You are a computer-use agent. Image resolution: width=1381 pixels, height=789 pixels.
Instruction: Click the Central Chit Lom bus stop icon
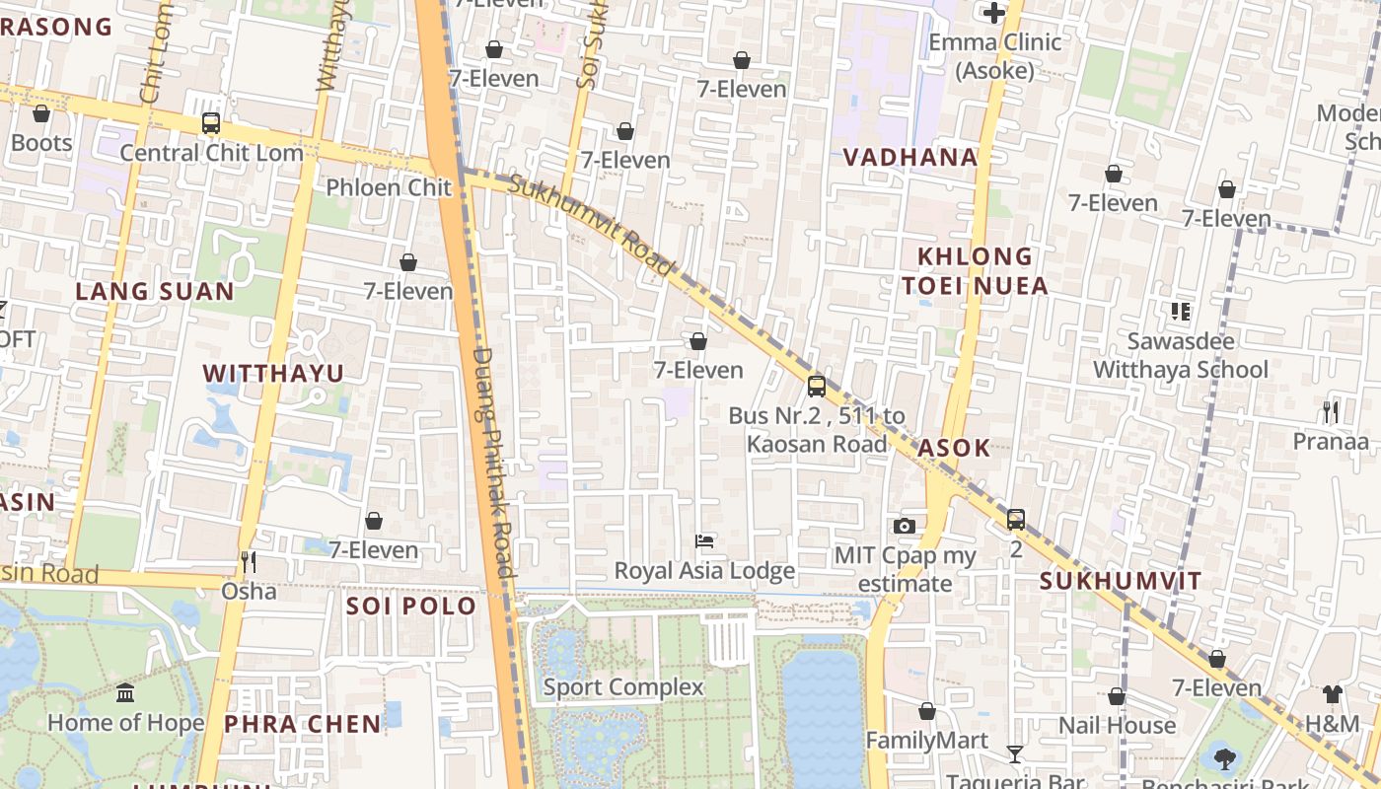(x=210, y=123)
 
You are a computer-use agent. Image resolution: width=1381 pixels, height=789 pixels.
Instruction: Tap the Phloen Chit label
(x=389, y=187)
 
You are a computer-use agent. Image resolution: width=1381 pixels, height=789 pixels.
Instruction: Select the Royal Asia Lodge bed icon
(x=704, y=540)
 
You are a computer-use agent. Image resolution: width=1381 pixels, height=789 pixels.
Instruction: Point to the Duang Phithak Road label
(x=493, y=462)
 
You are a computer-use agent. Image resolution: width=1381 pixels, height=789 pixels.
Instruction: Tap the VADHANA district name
(x=910, y=157)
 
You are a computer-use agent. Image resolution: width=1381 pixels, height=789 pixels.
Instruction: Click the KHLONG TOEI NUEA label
(x=975, y=271)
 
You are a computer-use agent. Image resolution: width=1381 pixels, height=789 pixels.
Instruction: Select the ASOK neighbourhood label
(x=953, y=448)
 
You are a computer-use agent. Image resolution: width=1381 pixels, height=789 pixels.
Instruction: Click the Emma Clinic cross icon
(x=994, y=13)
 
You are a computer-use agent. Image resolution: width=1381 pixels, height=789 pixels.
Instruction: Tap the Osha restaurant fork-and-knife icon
(x=249, y=561)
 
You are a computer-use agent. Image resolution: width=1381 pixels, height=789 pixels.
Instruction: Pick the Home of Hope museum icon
(x=125, y=692)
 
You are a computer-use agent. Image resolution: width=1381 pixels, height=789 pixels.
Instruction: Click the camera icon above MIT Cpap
(x=905, y=526)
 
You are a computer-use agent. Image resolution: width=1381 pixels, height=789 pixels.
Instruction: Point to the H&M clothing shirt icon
(x=1333, y=694)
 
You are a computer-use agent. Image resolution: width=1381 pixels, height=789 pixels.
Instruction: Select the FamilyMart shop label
(x=926, y=740)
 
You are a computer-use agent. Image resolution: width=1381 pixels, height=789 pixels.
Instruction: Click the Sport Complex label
(x=623, y=687)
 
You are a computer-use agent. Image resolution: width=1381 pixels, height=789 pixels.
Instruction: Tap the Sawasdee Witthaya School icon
(x=1181, y=312)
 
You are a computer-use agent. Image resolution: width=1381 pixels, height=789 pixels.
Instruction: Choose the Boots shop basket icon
(x=41, y=113)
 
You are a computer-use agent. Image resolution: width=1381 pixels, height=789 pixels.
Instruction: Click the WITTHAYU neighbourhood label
(x=273, y=373)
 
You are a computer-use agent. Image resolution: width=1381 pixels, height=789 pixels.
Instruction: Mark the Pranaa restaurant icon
(x=1331, y=411)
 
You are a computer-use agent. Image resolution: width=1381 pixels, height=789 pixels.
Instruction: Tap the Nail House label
(x=1117, y=726)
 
